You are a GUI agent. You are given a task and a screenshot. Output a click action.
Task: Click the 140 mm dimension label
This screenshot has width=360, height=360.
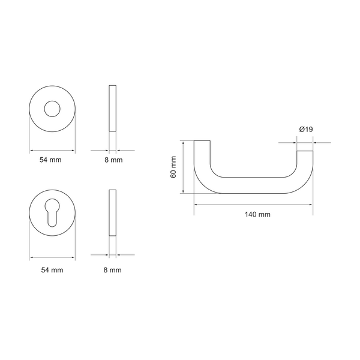tap(257, 214)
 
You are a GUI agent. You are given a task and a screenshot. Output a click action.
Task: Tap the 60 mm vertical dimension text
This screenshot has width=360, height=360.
tap(173, 167)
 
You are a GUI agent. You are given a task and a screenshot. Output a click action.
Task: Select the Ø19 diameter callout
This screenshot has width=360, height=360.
tap(306, 130)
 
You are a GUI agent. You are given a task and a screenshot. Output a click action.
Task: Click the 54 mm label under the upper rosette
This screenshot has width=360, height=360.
tap(50, 160)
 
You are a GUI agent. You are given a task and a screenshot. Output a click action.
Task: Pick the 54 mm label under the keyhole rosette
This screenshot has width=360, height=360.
tap(52, 270)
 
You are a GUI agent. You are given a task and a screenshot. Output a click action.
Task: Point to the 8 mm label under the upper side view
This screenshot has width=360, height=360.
tap(113, 160)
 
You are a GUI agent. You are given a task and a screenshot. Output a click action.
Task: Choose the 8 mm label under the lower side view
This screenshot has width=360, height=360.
tap(113, 270)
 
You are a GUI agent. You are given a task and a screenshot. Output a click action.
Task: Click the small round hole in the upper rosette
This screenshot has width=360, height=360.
tap(52, 109)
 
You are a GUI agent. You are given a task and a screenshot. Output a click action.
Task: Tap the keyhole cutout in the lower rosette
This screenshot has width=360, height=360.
tap(52, 213)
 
